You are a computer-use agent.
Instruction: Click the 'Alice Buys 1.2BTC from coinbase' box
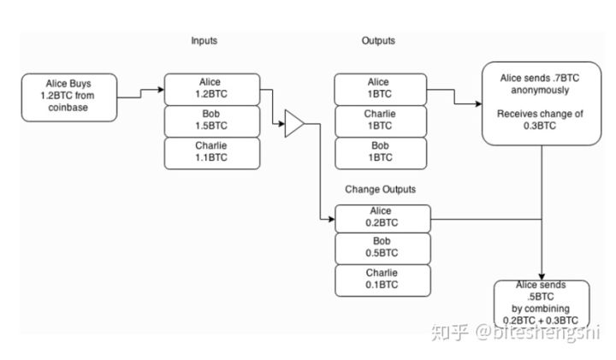point(69,96)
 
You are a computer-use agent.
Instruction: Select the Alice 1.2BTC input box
point(210,89)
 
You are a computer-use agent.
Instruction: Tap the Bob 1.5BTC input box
point(210,121)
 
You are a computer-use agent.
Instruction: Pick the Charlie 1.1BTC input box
point(210,151)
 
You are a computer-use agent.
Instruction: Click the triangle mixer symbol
point(293,125)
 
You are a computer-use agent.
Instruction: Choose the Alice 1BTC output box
point(380,89)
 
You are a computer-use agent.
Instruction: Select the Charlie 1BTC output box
point(380,121)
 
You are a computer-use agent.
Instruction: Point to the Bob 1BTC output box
point(380,151)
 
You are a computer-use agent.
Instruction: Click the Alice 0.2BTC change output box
point(380,218)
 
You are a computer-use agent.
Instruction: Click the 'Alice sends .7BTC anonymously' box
point(540,103)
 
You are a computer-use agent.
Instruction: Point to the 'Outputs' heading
point(378,41)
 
